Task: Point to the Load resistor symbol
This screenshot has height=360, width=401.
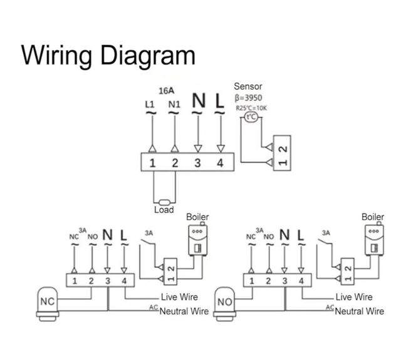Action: [164, 202]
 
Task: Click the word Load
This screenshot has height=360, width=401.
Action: [164, 210]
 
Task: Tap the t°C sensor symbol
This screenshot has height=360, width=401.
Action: [251, 117]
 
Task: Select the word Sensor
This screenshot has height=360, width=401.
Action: [247, 86]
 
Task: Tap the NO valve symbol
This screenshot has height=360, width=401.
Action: [225, 301]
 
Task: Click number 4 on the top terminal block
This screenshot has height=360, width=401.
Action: [220, 163]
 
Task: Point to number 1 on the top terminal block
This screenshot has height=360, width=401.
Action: [152, 163]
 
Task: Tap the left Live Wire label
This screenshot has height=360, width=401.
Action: [179, 297]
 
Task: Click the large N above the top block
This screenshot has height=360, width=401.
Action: [198, 101]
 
